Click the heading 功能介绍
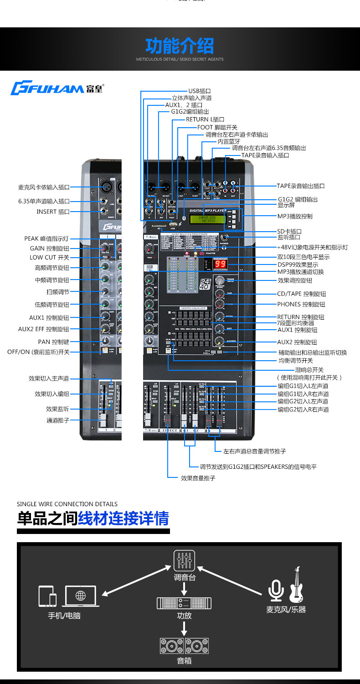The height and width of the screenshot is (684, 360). tap(180, 46)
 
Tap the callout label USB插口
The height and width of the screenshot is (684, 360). tap(200, 91)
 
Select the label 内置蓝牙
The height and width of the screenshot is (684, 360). tap(229, 141)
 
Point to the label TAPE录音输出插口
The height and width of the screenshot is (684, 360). tap(301, 186)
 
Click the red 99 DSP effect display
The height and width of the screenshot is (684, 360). tap(221, 264)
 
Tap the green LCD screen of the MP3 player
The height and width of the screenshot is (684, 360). tap(207, 220)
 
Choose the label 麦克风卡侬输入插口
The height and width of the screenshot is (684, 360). tap(44, 187)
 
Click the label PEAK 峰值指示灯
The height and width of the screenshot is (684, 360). tap(46, 238)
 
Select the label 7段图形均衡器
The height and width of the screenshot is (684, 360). tap(296, 323)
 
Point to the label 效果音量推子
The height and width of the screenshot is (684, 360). tap(198, 478)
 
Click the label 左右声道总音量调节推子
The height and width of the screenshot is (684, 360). tap(255, 451)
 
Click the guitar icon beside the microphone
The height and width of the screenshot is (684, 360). tap(296, 585)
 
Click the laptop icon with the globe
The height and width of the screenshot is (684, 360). tap(81, 596)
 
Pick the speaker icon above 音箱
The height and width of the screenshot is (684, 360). tap(184, 646)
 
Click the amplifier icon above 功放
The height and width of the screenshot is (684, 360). tap(184, 603)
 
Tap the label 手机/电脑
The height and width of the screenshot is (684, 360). tap(64, 615)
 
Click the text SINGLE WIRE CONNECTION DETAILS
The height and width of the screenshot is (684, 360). tap(67, 504)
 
